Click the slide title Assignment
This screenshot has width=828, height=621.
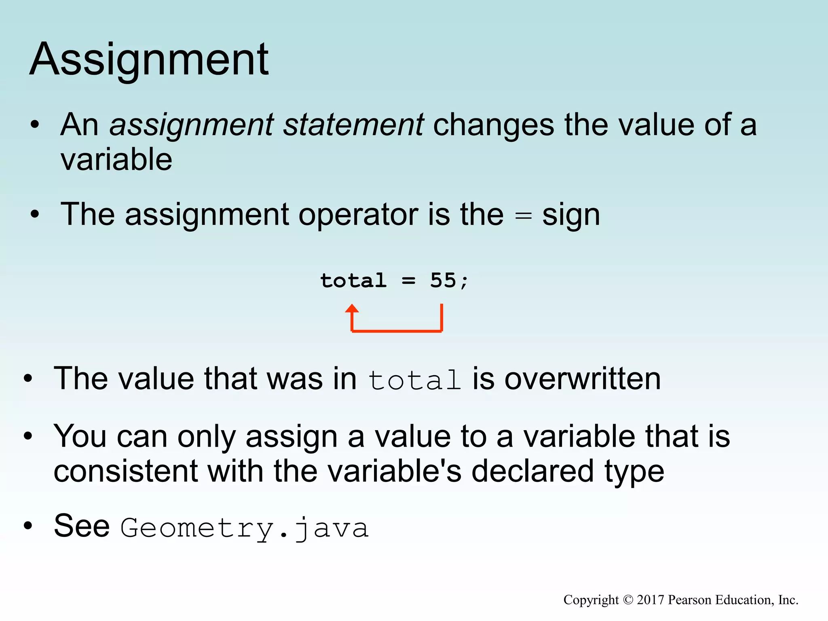(x=149, y=60)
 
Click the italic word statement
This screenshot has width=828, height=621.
(x=353, y=125)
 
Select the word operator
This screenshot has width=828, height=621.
(x=358, y=214)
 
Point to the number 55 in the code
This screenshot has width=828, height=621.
(x=443, y=280)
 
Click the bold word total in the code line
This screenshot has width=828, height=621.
(x=353, y=280)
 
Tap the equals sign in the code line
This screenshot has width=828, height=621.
(x=408, y=281)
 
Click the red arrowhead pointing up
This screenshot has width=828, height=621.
(x=352, y=309)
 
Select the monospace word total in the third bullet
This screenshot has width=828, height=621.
(x=414, y=380)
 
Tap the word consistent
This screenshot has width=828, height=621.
(x=126, y=471)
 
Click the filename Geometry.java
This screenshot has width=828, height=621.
(x=245, y=528)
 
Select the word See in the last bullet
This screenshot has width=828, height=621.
(x=82, y=526)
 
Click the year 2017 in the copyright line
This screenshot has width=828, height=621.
(x=650, y=600)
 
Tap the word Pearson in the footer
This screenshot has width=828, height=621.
(x=690, y=600)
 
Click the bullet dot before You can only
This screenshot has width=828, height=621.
(x=27, y=436)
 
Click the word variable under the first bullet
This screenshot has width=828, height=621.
(x=116, y=160)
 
